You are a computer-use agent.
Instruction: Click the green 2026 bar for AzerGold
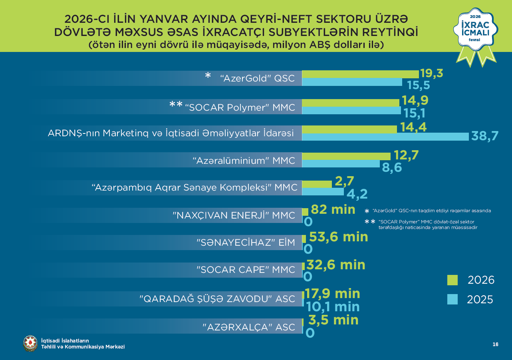click(x=360, y=74)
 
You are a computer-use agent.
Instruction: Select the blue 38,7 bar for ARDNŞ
click(x=385, y=137)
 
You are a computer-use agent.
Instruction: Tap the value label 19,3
click(x=431, y=74)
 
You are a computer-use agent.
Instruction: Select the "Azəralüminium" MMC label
click(x=244, y=161)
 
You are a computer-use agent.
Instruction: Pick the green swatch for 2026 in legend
click(x=452, y=280)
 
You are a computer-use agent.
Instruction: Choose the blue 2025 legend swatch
click(x=452, y=299)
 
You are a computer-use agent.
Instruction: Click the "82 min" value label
click(x=333, y=209)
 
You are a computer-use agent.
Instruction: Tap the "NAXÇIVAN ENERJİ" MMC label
click(x=234, y=215)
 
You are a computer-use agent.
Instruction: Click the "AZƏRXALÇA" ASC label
click(x=249, y=327)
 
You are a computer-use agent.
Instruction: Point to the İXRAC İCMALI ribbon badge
click(x=475, y=34)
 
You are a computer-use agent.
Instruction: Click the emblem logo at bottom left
click(x=30, y=343)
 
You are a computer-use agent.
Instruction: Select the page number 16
click(x=495, y=344)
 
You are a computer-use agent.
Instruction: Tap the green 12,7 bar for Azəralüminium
click(x=346, y=156)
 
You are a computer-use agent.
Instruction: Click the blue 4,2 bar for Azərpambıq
click(x=323, y=192)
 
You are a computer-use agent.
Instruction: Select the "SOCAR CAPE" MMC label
click(x=246, y=270)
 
